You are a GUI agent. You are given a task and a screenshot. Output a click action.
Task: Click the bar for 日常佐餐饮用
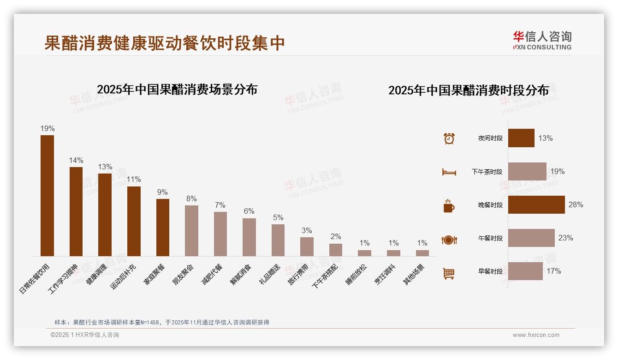click(x=47, y=196)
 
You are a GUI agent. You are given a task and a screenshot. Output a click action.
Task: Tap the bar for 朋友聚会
click(x=191, y=231)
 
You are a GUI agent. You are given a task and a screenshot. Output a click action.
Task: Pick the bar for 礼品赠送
click(x=278, y=240)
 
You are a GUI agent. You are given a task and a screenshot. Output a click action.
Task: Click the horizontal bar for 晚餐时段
click(x=536, y=205)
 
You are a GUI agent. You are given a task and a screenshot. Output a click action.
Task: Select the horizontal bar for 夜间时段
click(x=521, y=138)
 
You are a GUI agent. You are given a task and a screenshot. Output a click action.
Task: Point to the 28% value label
click(x=576, y=205)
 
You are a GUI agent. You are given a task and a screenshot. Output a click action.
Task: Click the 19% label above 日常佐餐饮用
click(x=47, y=129)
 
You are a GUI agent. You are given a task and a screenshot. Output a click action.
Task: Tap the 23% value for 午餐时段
click(x=565, y=238)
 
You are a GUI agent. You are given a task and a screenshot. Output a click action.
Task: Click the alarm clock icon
click(x=449, y=138)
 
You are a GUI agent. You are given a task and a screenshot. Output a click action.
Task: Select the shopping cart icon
click(x=449, y=273)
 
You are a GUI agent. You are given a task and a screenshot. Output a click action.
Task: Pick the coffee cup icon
click(x=449, y=206)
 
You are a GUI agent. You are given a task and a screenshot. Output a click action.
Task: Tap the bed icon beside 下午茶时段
click(x=449, y=172)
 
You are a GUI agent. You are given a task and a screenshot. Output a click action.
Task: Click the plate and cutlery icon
click(x=449, y=240)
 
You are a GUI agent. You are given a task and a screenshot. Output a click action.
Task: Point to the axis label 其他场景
click(x=415, y=274)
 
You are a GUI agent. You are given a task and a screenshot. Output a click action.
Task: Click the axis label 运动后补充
click(x=123, y=276)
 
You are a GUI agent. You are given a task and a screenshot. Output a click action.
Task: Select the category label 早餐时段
click(x=490, y=272)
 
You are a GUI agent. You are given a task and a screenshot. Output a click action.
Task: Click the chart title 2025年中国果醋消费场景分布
click(x=177, y=90)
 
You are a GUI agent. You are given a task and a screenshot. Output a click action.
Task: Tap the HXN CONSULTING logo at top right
click(x=542, y=41)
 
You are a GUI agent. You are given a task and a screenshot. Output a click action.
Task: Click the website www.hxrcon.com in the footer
click(x=536, y=335)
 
